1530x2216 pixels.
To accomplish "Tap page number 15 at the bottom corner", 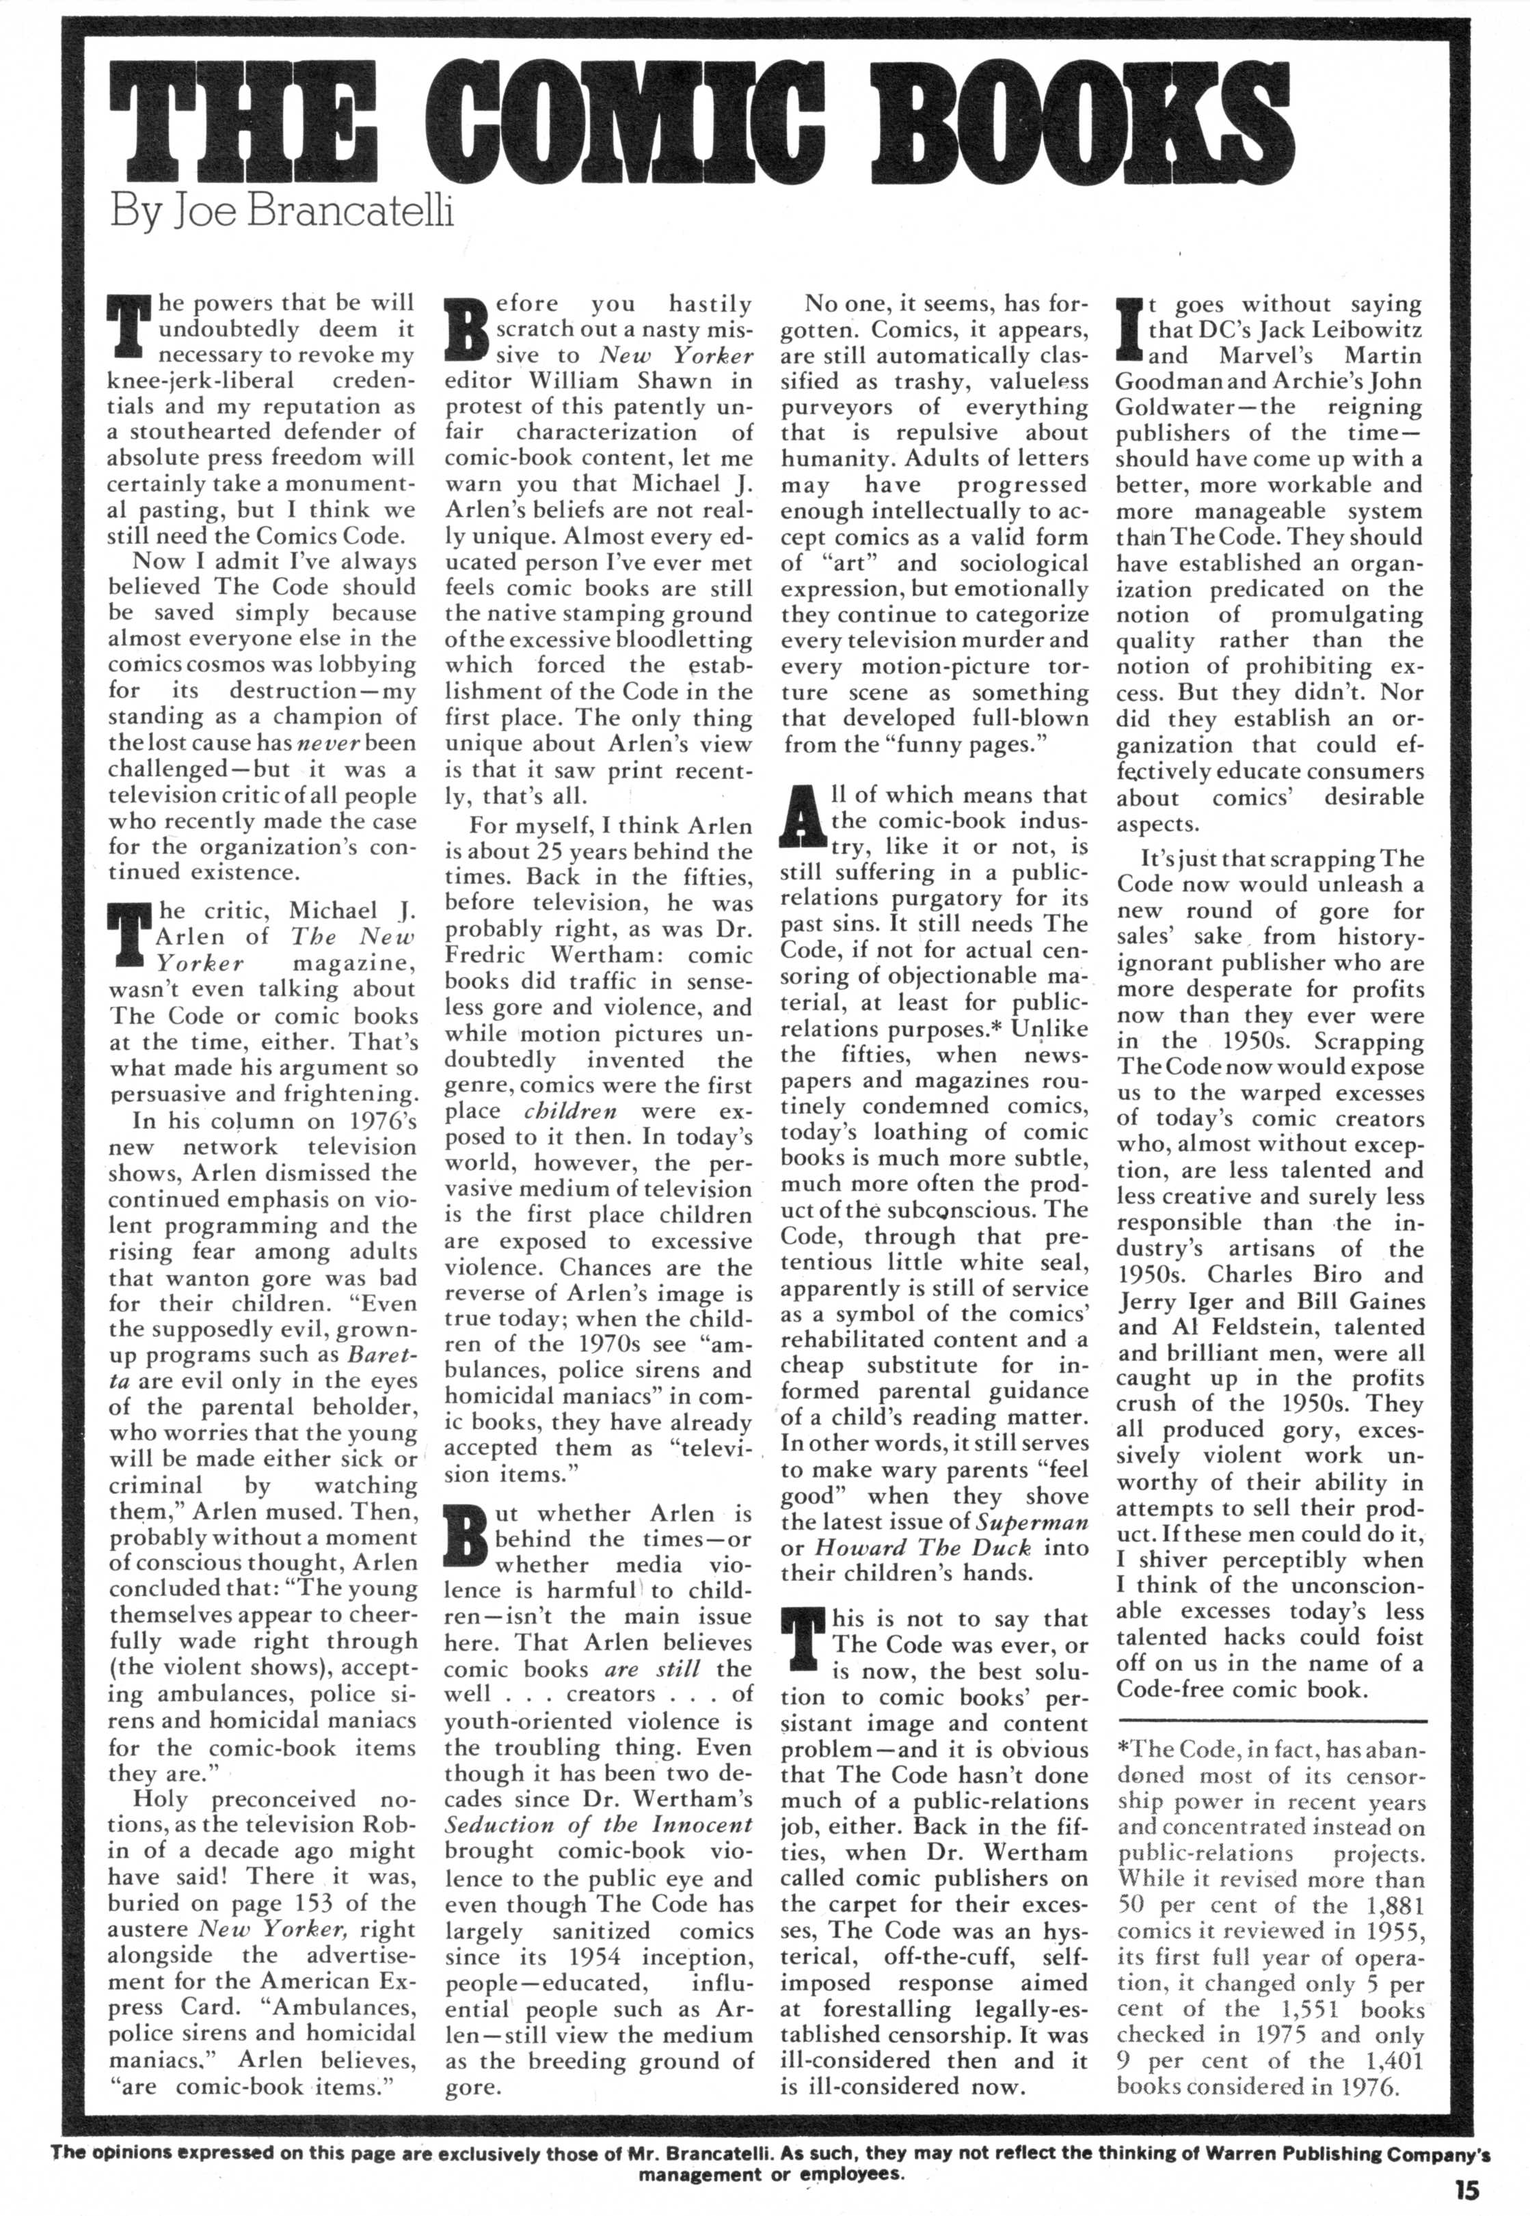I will click(x=1465, y=2188).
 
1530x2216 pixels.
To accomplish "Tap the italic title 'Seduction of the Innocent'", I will click(x=599, y=1825).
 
